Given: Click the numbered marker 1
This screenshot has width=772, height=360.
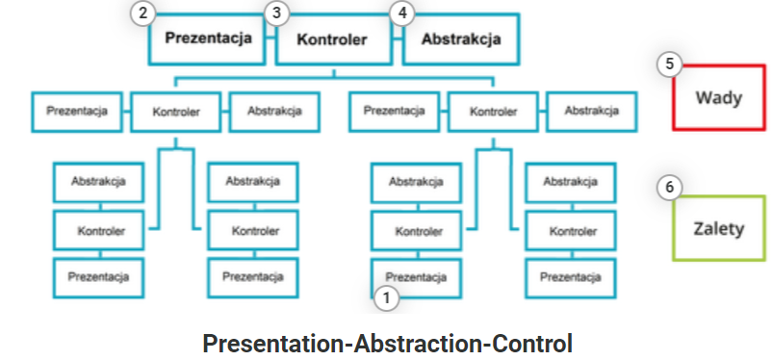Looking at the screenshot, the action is (x=387, y=298).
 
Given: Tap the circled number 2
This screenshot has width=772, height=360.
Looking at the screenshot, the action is (x=142, y=13).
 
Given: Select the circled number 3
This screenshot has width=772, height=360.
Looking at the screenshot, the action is (x=276, y=13).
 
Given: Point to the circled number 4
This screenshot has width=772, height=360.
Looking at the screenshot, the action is (x=402, y=13).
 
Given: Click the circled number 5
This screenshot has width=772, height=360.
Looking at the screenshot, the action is (x=669, y=64).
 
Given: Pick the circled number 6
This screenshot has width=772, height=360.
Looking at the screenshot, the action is (x=669, y=187).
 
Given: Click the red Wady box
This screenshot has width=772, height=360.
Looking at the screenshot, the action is (x=719, y=97).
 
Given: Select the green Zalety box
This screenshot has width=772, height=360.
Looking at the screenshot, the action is (x=719, y=228).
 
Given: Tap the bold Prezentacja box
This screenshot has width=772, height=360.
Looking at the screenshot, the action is (x=207, y=39).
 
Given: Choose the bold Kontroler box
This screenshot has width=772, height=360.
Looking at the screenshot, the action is (x=334, y=39).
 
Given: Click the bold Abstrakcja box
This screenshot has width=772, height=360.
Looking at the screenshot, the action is (x=461, y=39).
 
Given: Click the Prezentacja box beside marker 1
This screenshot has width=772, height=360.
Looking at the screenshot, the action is (x=416, y=278).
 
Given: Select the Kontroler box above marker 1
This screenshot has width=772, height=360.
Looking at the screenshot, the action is (x=416, y=231).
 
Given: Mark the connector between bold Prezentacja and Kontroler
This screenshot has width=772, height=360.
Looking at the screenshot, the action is (x=270, y=38).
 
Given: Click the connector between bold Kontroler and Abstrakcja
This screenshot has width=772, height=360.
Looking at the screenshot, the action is (x=398, y=38).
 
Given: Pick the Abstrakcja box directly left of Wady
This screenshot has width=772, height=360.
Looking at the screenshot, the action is (x=591, y=112).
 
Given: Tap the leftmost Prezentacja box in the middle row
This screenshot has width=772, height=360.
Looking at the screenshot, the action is (x=77, y=112).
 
